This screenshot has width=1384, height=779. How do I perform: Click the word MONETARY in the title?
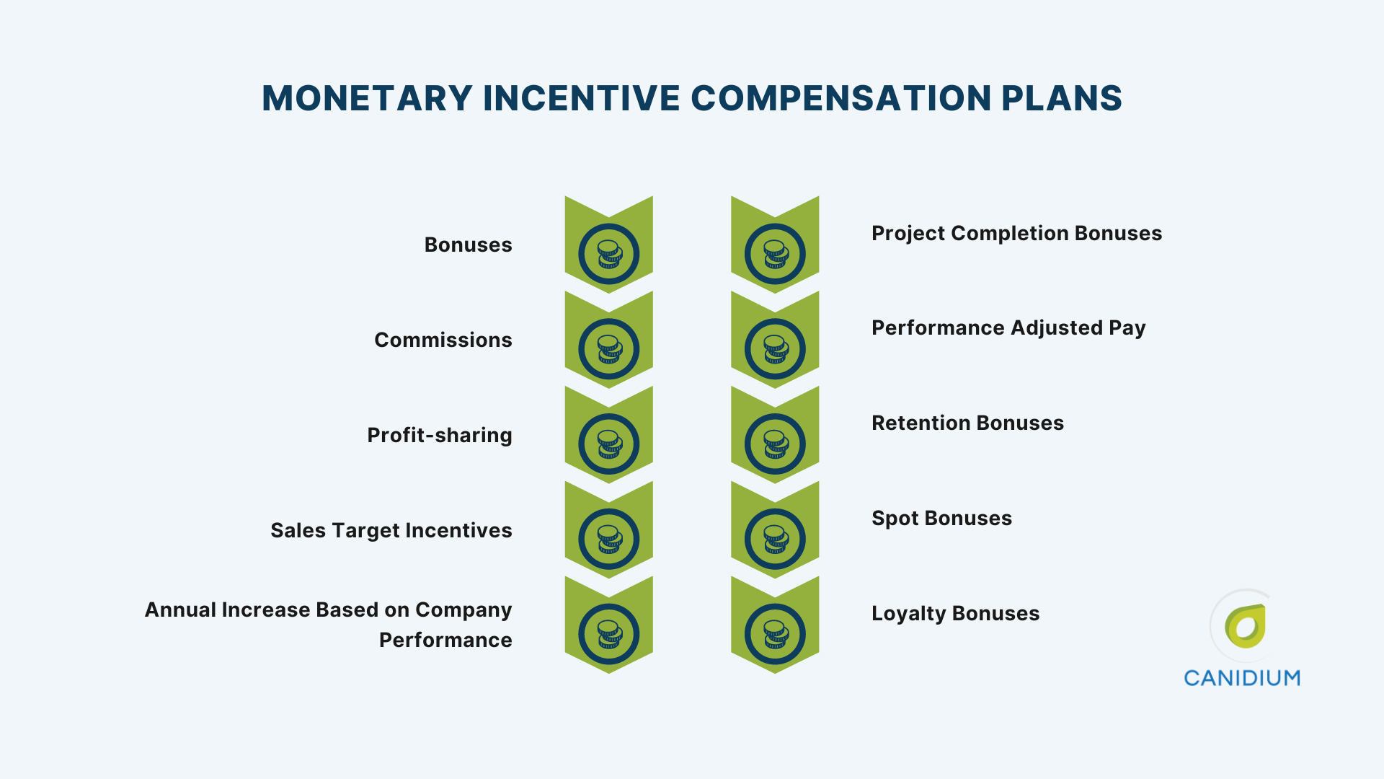pyautogui.click(x=367, y=98)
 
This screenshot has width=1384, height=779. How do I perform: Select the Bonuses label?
pyautogui.click(x=468, y=245)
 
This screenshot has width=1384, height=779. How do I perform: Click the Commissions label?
pyautogui.click(x=443, y=340)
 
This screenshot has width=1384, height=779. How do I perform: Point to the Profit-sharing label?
pyautogui.click(x=439, y=435)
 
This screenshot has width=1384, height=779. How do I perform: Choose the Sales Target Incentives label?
pyautogui.click(x=391, y=530)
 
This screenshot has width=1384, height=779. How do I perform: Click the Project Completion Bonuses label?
pyautogui.click(x=1016, y=233)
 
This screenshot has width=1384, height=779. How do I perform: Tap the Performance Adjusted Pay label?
pyautogui.click(x=1008, y=328)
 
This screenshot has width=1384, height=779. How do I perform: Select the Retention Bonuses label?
pyautogui.click(x=967, y=423)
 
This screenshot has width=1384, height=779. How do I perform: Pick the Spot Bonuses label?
pyautogui.click(x=941, y=518)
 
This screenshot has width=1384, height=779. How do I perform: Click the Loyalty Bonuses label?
pyautogui.click(x=955, y=613)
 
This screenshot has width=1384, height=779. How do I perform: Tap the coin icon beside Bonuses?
pyautogui.click(x=609, y=254)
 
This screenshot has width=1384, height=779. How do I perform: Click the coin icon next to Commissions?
pyautogui.click(x=609, y=349)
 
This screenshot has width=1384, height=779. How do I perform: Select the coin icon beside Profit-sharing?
pyautogui.click(x=609, y=444)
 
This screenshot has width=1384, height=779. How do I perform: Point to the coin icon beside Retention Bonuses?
pyautogui.click(x=775, y=444)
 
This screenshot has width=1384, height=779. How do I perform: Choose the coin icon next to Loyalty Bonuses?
pyautogui.click(x=775, y=635)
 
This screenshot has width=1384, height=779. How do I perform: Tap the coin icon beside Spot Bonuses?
pyautogui.click(x=775, y=540)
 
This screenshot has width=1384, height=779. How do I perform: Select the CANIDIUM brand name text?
pyautogui.click(x=1242, y=678)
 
